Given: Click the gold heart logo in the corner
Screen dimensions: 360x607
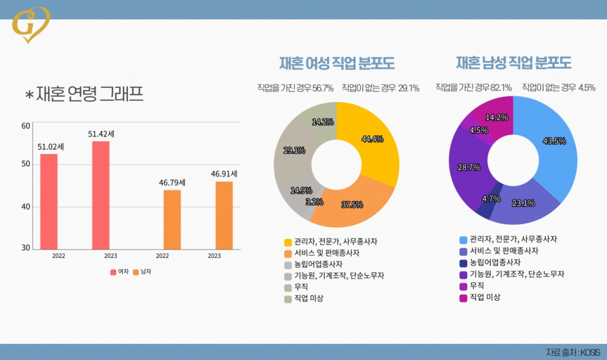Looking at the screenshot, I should [x=31, y=24].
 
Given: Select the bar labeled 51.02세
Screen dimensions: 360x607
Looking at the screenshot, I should [x=49, y=202].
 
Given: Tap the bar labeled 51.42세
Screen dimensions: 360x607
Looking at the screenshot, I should [x=101, y=195].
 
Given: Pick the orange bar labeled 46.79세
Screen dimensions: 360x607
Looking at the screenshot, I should [x=172, y=219].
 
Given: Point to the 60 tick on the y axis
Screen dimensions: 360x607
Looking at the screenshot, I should [x=25, y=126].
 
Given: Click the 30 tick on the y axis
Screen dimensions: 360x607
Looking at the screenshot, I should [x=25, y=247].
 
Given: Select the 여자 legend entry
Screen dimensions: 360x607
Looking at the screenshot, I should [x=120, y=272].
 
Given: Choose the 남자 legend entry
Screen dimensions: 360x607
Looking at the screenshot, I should [x=142, y=272].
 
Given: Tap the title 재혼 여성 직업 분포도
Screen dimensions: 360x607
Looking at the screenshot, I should [x=337, y=63].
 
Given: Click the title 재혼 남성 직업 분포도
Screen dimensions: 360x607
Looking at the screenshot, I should [x=513, y=63].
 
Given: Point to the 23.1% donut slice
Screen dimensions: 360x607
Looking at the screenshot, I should [x=522, y=205].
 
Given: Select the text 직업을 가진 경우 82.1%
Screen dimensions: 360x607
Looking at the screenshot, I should [x=474, y=88].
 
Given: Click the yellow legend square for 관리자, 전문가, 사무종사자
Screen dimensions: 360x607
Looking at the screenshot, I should [x=288, y=242].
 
